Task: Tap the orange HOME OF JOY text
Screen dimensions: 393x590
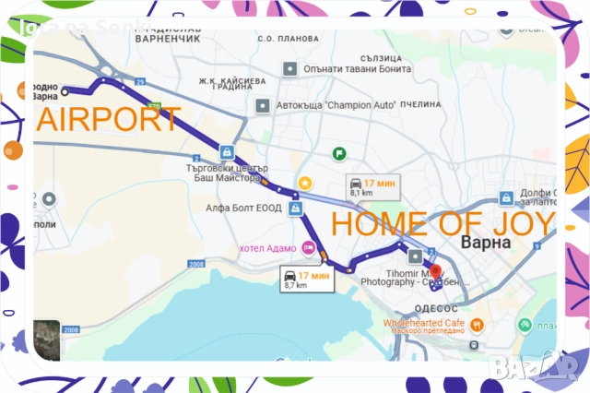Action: pyautogui.click(x=442, y=224)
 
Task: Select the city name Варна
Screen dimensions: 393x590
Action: pyautogui.click(x=489, y=243)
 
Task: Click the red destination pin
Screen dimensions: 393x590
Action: pyautogui.click(x=436, y=256)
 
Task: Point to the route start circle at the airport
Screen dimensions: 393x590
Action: pyautogui.click(x=65, y=90)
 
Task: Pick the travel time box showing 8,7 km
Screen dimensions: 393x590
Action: pyautogui.click(x=305, y=280)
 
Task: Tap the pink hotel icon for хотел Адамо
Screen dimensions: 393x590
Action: pyautogui.click(x=309, y=247)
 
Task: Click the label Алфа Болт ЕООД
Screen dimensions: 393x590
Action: pyautogui.click(x=243, y=208)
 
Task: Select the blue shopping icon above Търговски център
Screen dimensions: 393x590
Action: pyautogui.click(x=228, y=152)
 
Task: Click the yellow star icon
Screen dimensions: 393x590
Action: pyautogui.click(x=304, y=184)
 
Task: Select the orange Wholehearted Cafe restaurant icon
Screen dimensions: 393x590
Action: pyautogui.click(x=477, y=325)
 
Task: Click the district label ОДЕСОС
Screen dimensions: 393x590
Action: pyautogui.click(x=435, y=308)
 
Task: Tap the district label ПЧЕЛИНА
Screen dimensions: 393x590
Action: pyautogui.click(x=424, y=105)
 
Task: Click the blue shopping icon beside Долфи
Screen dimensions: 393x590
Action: pyautogui.click(x=505, y=197)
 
